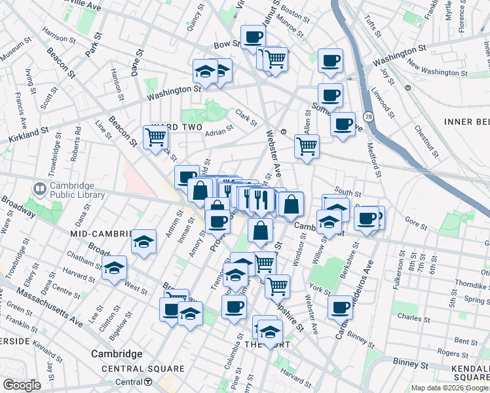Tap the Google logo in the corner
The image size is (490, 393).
point(22,385)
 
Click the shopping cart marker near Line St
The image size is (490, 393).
point(156,137)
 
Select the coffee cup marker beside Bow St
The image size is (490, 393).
point(253,37)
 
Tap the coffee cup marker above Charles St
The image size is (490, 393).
point(340,306)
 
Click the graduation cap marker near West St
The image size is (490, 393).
point(115,268)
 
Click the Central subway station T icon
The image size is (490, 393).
point(149,382)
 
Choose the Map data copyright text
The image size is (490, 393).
point(449,388)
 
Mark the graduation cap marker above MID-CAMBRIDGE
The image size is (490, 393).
point(143,241)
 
